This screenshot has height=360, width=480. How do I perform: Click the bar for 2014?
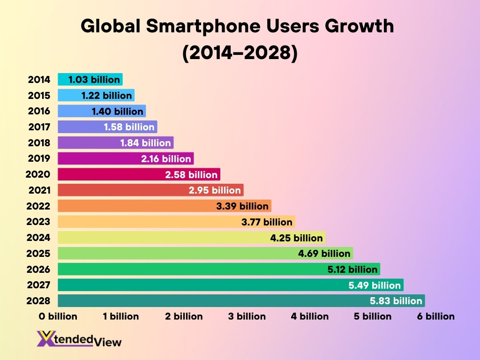[x=90, y=80]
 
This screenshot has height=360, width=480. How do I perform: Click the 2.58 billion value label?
[x=191, y=175]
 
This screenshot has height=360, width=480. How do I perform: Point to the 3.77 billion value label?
[x=267, y=222]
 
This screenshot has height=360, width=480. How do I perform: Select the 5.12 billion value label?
[x=352, y=270]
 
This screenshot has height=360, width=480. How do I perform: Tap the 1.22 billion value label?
[x=106, y=96]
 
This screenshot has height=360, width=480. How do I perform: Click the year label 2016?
[x=39, y=111]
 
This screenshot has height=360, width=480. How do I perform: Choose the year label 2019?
[x=39, y=158]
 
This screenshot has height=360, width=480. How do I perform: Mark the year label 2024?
[x=39, y=238]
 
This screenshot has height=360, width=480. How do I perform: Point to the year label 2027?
[x=39, y=285]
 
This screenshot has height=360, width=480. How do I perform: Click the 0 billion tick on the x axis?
[x=58, y=316]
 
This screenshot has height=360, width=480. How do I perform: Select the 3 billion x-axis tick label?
[x=247, y=316]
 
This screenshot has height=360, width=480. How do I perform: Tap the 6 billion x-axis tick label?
[x=436, y=316]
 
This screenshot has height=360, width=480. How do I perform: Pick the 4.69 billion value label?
[x=324, y=254]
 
